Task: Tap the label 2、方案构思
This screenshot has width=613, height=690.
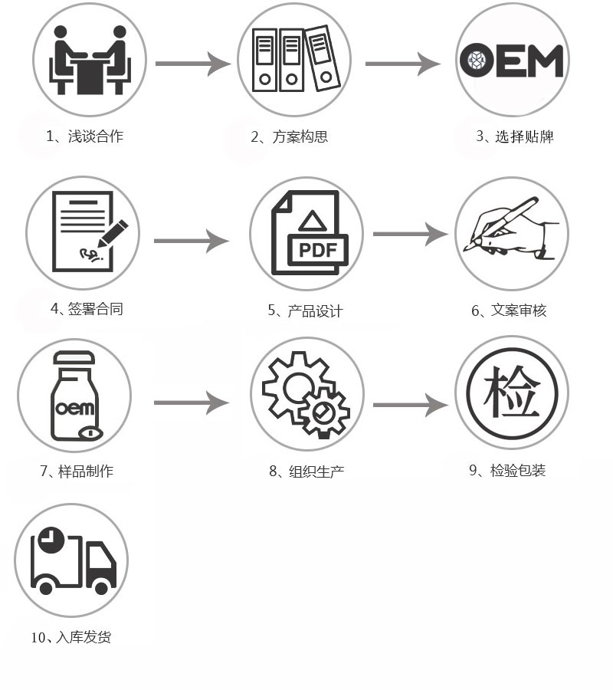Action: coord(290,137)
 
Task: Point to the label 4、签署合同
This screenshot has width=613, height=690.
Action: coord(87,309)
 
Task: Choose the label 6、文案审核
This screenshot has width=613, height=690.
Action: coord(509,310)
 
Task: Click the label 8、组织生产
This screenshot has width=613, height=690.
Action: coord(306,471)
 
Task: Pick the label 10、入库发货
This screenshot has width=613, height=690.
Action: coord(70,636)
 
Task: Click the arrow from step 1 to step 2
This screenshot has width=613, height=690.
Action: coord(192,64)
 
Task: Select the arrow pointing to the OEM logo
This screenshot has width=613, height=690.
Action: coord(402,64)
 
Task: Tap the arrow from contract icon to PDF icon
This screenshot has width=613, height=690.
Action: coord(191,241)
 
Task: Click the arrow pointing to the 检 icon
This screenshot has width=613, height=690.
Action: coord(410,404)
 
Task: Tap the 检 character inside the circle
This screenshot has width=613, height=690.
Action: coord(511,393)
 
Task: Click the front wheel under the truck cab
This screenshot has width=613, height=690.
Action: coord(100,583)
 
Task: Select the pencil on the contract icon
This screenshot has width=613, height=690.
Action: coord(111,234)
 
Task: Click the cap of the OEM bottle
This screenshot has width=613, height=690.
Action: coord(74,358)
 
